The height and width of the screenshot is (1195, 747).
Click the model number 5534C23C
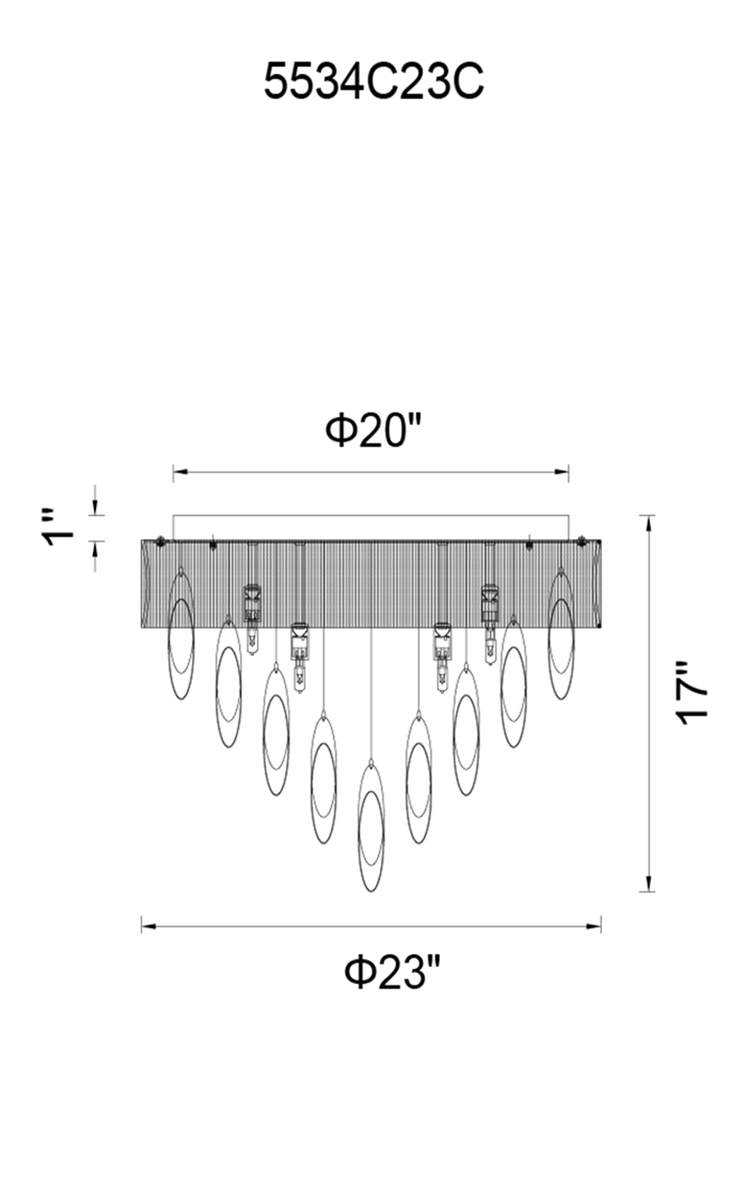tap(374, 81)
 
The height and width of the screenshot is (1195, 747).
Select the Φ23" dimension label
tap(393, 972)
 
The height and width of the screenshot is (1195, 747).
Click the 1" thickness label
tap(59, 527)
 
